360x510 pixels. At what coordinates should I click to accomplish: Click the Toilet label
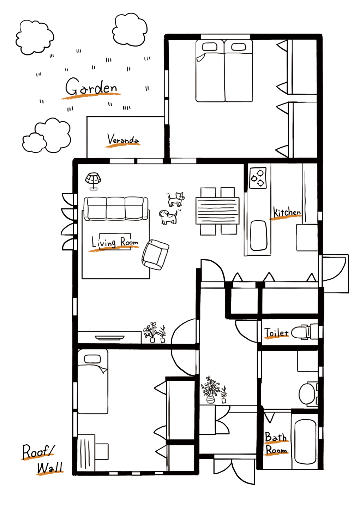click(x=276, y=333)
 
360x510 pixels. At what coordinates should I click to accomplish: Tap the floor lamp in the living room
click(x=93, y=181)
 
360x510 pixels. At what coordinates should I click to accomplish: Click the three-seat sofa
click(x=116, y=209)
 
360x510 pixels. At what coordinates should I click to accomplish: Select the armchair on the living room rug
click(x=155, y=255)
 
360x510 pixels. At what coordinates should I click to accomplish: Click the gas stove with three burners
click(x=258, y=178)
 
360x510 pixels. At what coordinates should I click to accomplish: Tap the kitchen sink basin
click(x=259, y=235)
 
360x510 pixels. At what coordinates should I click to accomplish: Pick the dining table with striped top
click(x=217, y=210)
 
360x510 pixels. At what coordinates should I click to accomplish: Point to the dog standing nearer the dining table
click(x=176, y=199)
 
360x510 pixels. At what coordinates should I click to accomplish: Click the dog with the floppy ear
click(x=168, y=217)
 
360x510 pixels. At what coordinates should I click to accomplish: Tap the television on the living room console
click(x=110, y=337)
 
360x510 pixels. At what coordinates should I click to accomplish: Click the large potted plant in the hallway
click(x=210, y=390)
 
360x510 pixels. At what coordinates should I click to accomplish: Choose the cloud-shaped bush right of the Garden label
click(x=130, y=30)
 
